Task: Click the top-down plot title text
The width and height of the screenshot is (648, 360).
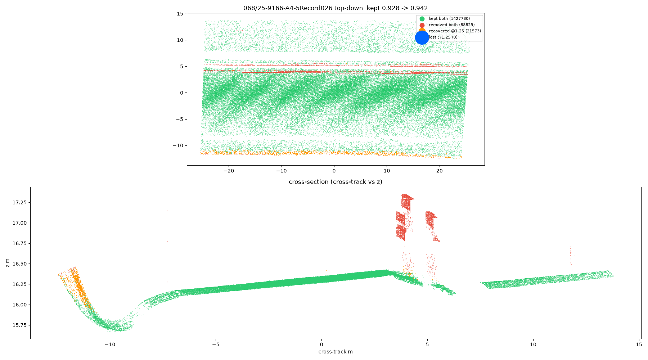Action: [336, 8]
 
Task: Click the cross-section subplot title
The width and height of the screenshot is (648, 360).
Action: [336, 182]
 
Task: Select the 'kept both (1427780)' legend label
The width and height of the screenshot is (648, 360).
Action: [449, 18]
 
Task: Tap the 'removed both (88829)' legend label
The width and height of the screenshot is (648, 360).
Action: [451, 25]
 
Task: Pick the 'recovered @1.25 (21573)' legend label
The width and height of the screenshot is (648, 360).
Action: [455, 31]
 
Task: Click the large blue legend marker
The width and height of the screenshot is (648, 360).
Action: [422, 37]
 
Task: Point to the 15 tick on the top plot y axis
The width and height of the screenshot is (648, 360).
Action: [180, 14]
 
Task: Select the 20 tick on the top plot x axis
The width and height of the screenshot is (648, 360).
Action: [439, 171]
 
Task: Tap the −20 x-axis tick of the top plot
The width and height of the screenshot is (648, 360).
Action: [229, 171]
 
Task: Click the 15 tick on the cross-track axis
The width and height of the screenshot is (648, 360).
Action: [639, 345]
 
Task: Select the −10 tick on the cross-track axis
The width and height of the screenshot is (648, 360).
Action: [110, 345]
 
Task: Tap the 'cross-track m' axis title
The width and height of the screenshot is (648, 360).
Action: [336, 352]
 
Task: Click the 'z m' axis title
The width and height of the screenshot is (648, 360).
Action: [8, 262]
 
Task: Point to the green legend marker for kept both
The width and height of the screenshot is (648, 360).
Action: [422, 19]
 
